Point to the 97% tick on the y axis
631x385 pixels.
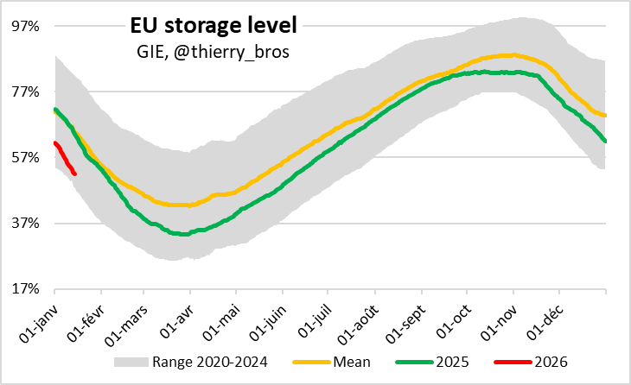[x=26, y=26]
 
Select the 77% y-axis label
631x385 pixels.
[x=26, y=92]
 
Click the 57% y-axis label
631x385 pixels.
[x=26, y=157]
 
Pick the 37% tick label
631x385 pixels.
[x=26, y=223]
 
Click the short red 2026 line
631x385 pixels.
[x=65, y=159]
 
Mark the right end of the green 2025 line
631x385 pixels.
[x=605, y=141]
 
